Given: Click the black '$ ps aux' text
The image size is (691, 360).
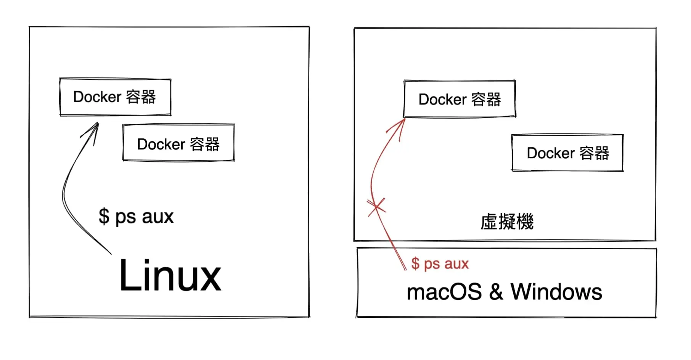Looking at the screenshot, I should (x=136, y=217).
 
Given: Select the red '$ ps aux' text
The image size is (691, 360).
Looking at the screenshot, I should (x=440, y=264).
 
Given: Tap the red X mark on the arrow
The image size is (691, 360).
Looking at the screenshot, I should (x=376, y=207).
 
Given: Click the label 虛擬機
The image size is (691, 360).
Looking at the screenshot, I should (x=507, y=222).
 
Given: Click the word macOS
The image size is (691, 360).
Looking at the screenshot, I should (x=444, y=292).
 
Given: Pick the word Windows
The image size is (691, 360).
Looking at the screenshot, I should (x=556, y=292).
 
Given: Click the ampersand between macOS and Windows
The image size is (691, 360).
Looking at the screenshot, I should (x=496, y=292).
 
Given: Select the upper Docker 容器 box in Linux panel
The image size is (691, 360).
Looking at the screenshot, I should (x=115, y=97).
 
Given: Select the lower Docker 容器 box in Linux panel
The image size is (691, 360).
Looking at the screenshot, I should (x=178, y=143).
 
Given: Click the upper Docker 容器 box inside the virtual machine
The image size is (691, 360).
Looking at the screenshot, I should (x=460, y=99).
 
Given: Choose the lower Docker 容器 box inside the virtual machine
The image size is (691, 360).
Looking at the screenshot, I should (x=567, y=153).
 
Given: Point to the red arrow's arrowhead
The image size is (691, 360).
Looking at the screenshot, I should (x=404, y=121).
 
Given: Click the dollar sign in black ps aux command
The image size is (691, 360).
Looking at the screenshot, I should (x=104, y=217).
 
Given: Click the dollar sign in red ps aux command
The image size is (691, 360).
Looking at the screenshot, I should (x=415, y=264).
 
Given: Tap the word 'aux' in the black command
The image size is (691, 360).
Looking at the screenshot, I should (x=157, y=217).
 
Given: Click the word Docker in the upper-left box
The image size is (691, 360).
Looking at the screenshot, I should (x=97, y=97).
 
